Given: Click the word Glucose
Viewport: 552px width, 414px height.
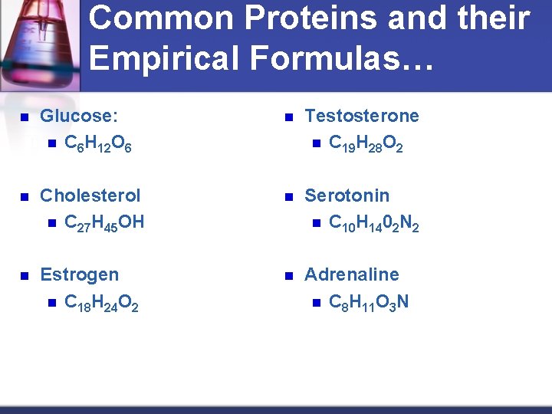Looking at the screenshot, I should pos(77,117).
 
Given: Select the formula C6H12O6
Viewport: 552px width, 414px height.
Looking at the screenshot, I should pos(98,143).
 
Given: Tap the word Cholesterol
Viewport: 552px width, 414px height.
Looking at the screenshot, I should pos(90,195).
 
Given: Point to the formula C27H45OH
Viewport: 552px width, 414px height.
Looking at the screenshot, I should pos(104,223).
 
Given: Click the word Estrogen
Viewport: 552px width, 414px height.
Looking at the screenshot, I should pos(80,274).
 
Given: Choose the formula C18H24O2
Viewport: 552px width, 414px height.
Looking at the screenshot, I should pos(102,302).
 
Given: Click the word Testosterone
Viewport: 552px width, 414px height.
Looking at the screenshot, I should pos(362,117).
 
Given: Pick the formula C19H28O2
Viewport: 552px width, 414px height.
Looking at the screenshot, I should pos(366,143).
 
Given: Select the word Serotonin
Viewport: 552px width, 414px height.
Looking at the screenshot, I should pos(347,195).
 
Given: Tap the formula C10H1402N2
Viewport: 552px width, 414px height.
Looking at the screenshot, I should pos(373,223).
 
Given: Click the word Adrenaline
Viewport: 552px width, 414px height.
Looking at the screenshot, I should pos(352,274).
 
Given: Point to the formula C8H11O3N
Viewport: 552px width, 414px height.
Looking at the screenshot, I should pos(369,302).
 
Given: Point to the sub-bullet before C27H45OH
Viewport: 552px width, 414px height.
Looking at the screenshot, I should pos(51,224).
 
